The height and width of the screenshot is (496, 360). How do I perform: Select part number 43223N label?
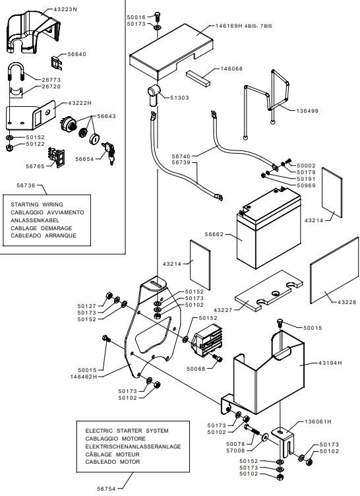[65, 9]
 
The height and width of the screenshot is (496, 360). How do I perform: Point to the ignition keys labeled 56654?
[109, 153]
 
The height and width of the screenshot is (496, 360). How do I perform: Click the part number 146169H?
[229, 26]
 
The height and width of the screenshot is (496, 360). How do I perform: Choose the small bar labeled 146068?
[198, 78]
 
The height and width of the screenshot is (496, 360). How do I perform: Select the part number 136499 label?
[307, 111]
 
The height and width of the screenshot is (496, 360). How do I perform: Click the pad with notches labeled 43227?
[268, 290]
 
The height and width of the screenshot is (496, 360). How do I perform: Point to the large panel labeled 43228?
[334, 270]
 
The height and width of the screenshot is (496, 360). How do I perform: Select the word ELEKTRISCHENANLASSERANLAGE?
[133, 447]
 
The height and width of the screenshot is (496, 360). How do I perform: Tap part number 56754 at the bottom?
[106, 489]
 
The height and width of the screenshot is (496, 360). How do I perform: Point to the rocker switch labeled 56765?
[56, 157]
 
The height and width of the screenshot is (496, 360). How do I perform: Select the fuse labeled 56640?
[57, 63]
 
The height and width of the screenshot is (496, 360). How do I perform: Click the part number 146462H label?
[84, 377]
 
